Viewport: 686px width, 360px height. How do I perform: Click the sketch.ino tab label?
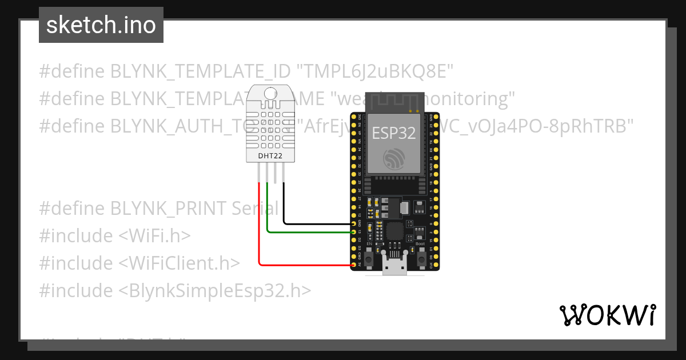pos(101,25)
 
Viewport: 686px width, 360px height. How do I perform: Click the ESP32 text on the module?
pos(393,133)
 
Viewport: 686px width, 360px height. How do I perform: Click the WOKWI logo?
pos(607,315)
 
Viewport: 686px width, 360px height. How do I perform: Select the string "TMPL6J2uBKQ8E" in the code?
pos(375,71)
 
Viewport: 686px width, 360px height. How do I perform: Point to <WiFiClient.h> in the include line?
pos(180,263)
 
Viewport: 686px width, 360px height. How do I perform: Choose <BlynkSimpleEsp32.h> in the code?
pos(215,290)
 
